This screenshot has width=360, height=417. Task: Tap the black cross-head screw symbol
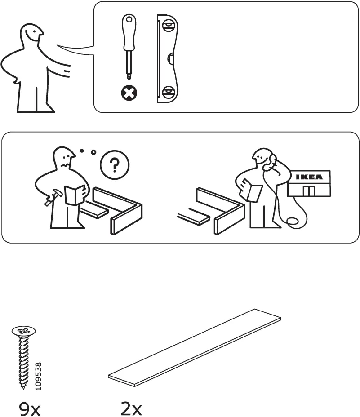[x=129, y=93]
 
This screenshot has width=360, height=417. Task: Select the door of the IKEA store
[x=309, y=191]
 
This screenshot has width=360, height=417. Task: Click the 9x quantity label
[x=30, y=409]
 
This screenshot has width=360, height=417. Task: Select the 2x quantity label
[x=131, y=409]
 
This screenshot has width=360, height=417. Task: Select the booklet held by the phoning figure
[x=252, y=191]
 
